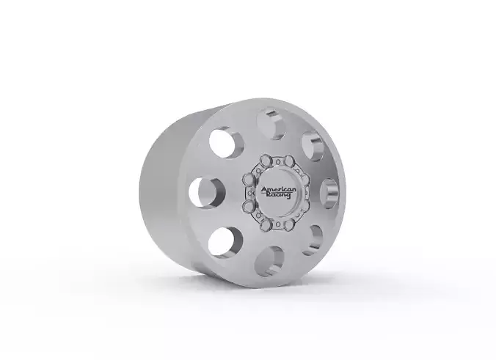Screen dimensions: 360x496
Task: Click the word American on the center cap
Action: pos(278,190)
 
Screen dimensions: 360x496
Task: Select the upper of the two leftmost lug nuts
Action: pos(248,183)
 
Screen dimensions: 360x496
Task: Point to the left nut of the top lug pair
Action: pos(266,166)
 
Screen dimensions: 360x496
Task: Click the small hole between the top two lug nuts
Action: pos(276,164)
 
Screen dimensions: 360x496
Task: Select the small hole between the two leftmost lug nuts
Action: pos(246,194)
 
